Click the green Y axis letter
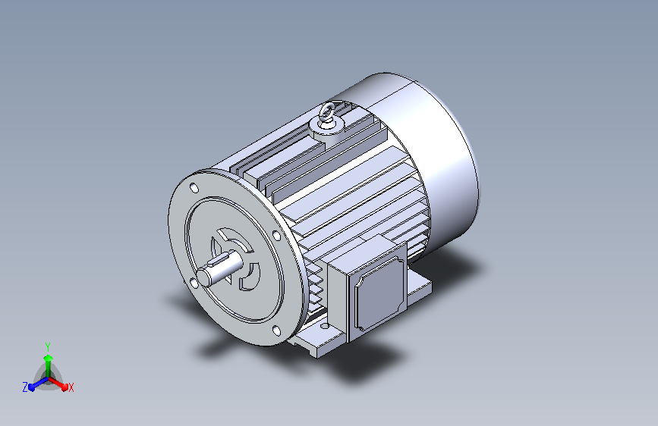(48, 347)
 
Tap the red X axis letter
(71, 387)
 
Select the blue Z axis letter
(25, 387)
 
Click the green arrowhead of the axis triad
(49, 359)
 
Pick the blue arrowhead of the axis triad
(31, 387)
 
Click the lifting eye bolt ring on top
(326, 112)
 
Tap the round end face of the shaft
(203, 277)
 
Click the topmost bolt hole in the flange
(194, 188)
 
